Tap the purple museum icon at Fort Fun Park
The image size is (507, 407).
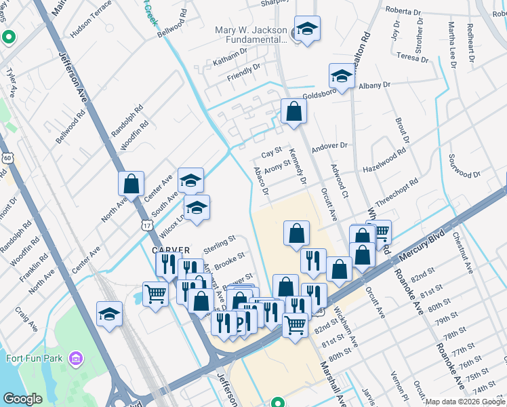coord(75,357)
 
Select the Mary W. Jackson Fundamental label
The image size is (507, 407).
coord(251,35)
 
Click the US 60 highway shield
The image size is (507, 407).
coord(7,158)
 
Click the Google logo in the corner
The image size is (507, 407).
coord(23,399)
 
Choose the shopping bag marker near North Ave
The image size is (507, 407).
coord(131,183)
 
